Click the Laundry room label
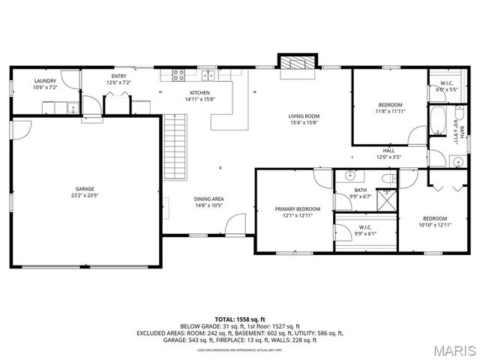pyautogui.click(x=45, y=80)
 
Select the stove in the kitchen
pyautogui.click(x=179, y=74)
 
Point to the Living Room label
pyautogui.click(x=304, y=115)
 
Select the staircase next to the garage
pyautogui.click(x=174, y=147)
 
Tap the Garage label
pyautogui.click(x=84, y=189)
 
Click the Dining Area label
pyautogui.click(x=209, y=198)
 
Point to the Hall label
pyautogui.click(x=388, y=151)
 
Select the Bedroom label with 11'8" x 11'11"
pyautogui.click(x=390, y=104)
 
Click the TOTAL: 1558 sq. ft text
pyautogui.click(x=240, y=319)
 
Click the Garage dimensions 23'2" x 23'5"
pyautogui.click(x=84, y=195)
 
